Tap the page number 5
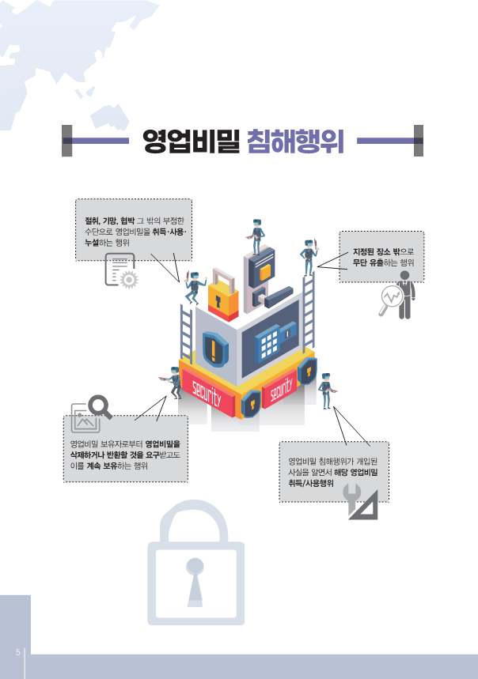[17, 653]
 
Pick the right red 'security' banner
[282, 387]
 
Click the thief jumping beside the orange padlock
[193, 286]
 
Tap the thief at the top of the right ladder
[308, 254]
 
